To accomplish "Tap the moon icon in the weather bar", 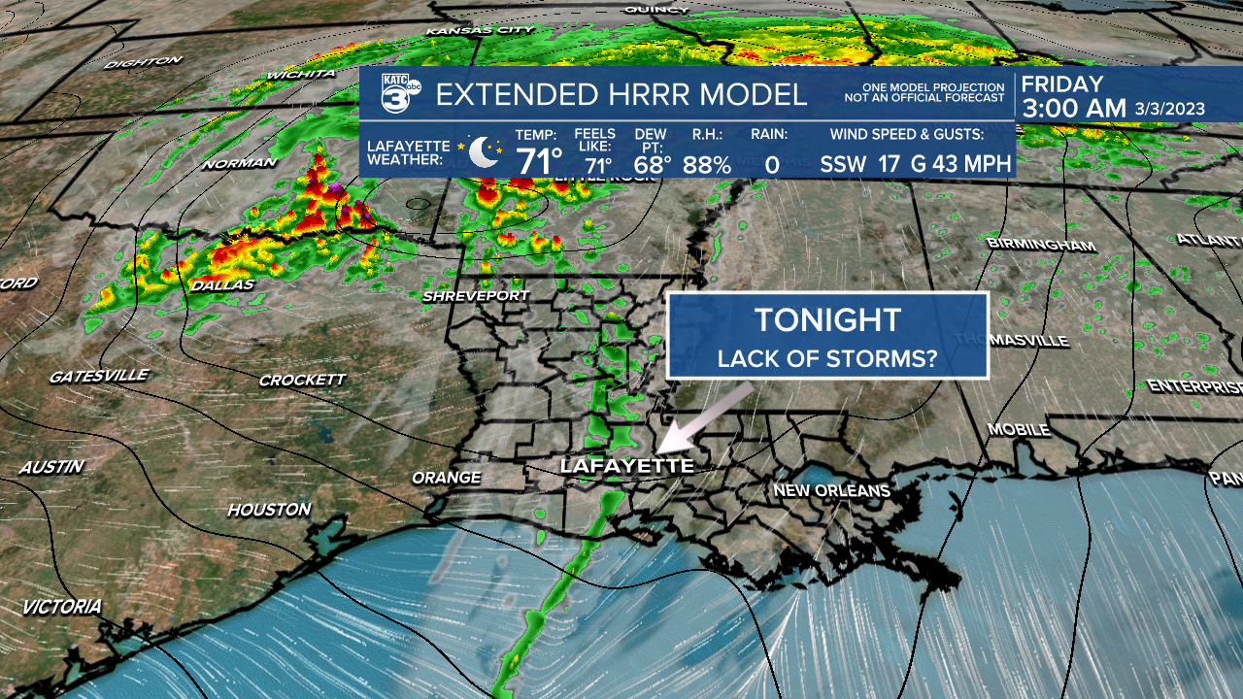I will pos(483,152).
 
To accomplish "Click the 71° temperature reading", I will pos(539,161).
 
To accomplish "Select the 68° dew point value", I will pos(653,164).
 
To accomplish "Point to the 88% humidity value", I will pos(706,164).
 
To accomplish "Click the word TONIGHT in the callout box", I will pos(827,320).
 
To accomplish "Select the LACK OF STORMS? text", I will pos(827,358).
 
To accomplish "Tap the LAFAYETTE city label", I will pos(627,466).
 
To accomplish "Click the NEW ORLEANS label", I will pos(831,490).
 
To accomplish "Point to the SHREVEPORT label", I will pos(477,295).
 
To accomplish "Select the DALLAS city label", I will pos(222,284).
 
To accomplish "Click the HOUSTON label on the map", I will pos(269,509).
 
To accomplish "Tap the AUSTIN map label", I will pos(52,467).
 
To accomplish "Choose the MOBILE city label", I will pos(1019,428).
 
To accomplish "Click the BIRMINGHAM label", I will pos(1040,244).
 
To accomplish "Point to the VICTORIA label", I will pos(62,607).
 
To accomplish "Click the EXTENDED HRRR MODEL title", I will pos(621,95).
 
